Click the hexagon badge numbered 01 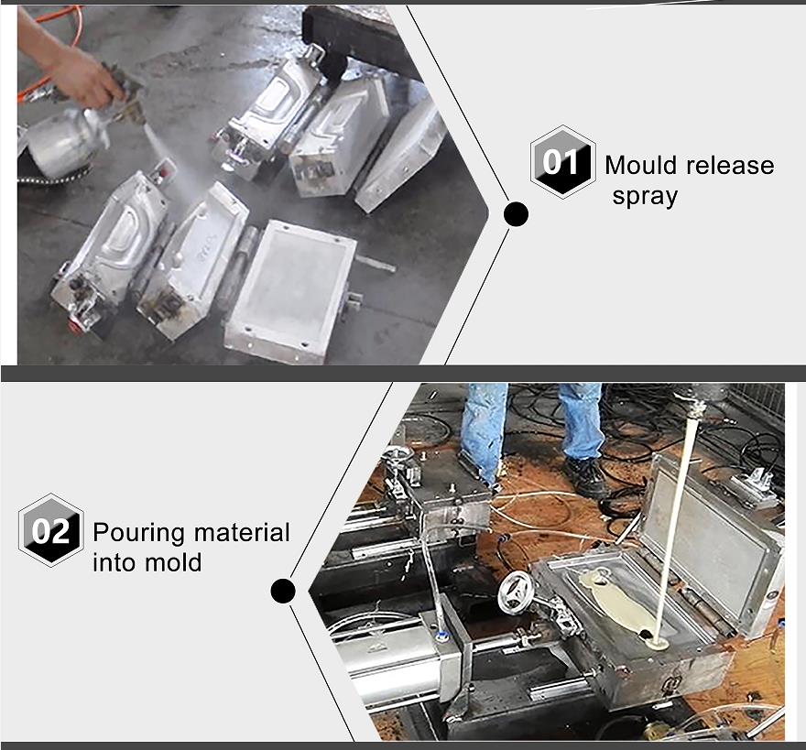point(563,162)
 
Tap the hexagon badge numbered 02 point(51,530)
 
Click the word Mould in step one point(641,166)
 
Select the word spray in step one point(645,197)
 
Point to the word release point(730,166)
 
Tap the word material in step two point(242,533)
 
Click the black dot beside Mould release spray point(516,214)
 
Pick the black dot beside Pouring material point(283,591)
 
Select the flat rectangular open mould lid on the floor point(290,292)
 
